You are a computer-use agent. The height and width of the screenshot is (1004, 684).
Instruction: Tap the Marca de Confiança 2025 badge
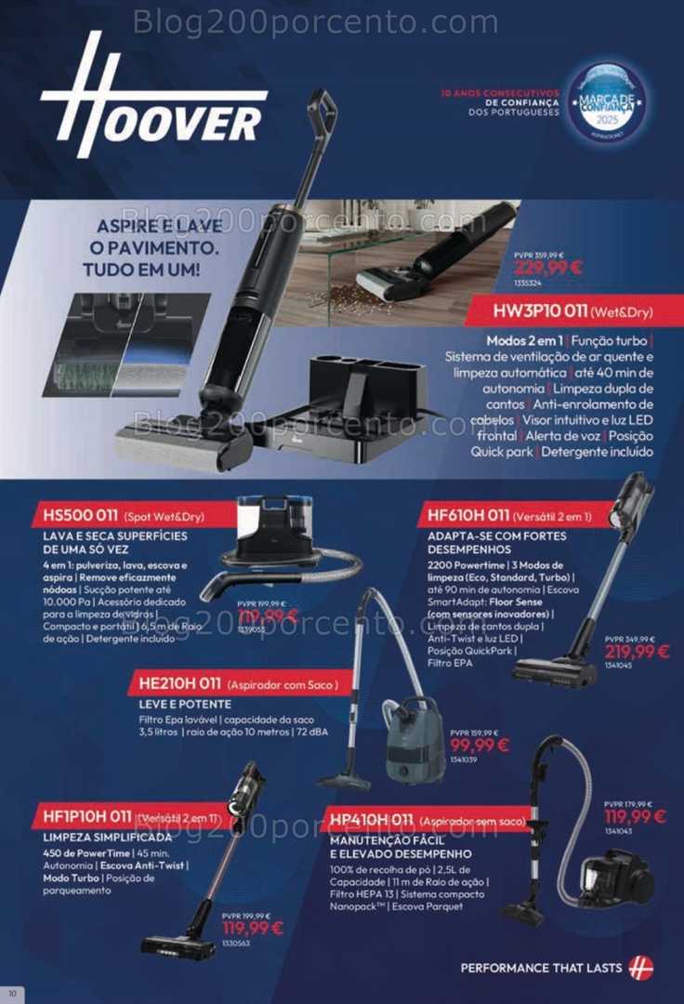pyautogui.click(x=607, y=102)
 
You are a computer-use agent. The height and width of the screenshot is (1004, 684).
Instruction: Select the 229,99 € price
pyautogui.click(x=548, y=268)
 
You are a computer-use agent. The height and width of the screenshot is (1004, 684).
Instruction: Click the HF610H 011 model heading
pyautogui.click(x=468, y=515)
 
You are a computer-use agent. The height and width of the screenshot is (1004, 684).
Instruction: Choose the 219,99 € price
pyautogui.click(x=637, y=652)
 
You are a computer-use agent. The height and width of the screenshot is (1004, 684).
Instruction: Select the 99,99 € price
pyautogui.click(x=480, y=745)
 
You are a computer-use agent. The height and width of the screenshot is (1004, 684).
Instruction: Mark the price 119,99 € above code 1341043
pyautogui.click(x=635, y=817)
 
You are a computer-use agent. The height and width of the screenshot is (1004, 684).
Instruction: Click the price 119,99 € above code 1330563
pyautogui.click(x=252, y=928)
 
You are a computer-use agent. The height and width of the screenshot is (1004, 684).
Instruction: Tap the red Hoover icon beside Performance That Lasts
pyautogui.click(x=640, y=968)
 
